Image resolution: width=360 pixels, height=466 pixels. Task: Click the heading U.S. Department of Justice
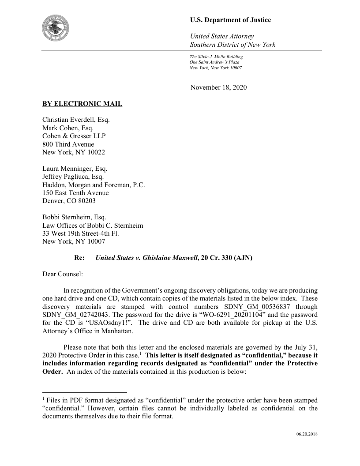point(230,20)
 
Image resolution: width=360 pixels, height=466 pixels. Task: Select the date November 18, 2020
point(218,87)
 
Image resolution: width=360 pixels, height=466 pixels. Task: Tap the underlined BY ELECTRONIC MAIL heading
point(82,104)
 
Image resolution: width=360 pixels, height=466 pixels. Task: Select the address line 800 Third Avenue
point(68,144)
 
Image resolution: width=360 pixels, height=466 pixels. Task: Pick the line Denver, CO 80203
point(68,200)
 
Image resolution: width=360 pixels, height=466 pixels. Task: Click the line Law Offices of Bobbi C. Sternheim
point(93,225)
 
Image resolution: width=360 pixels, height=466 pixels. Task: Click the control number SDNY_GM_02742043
point(73,315)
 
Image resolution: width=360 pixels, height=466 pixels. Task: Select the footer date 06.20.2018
point(307,434)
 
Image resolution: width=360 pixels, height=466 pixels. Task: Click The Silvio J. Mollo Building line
point(216,57)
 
